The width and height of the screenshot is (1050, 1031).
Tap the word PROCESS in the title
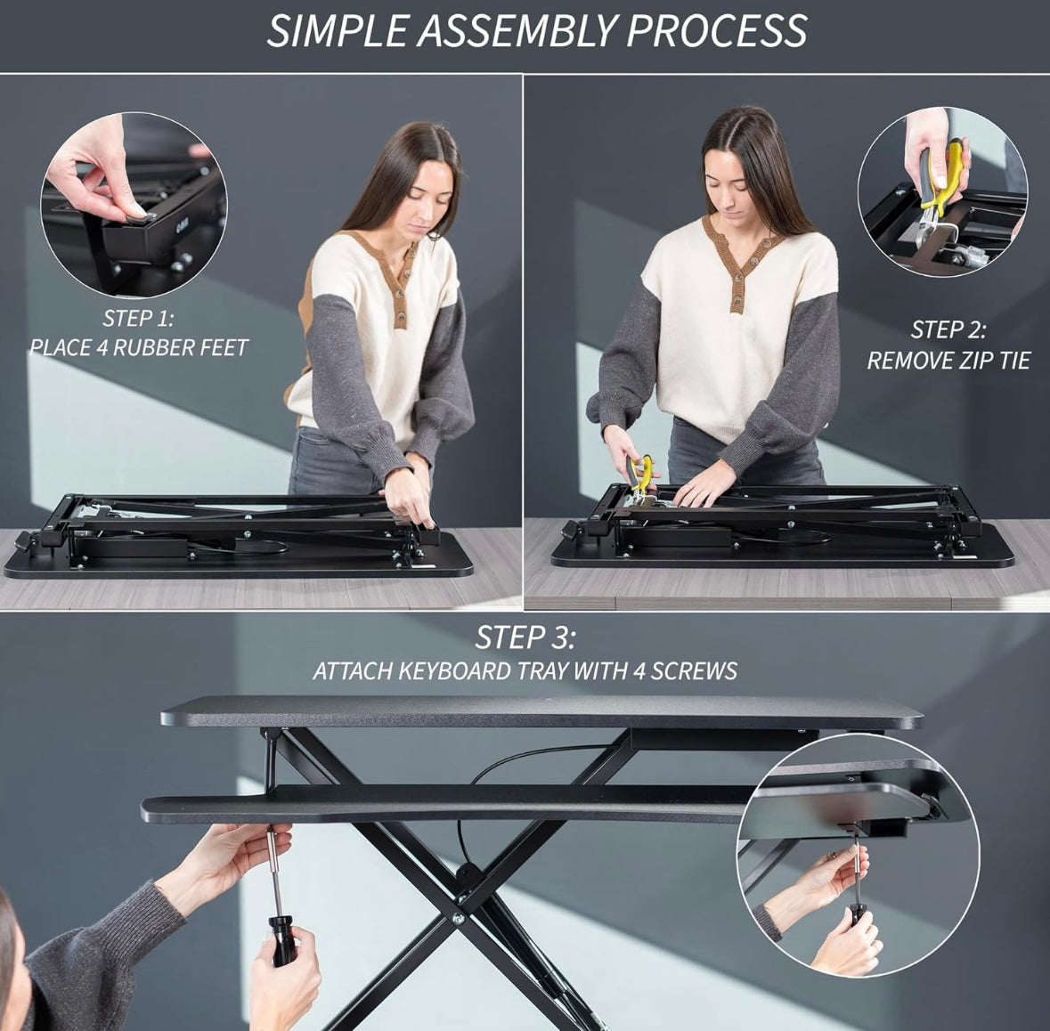[718, 31]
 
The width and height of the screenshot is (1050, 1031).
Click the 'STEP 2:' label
[948, 329]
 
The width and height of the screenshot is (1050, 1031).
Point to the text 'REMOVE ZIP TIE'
[948, 361]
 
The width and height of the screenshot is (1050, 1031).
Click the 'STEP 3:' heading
[525, 637]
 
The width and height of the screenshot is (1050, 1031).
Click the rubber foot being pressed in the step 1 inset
[138, 216]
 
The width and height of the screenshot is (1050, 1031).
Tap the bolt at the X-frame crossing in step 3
[458, 919]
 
